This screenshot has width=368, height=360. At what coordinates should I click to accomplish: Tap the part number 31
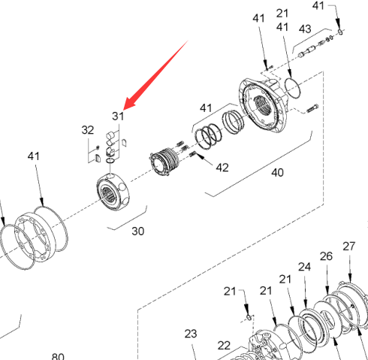[x=118, y=116]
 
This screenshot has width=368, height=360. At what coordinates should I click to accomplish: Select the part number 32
[x=88, y=130]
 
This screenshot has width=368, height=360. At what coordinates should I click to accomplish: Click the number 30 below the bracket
[x=138, y=231]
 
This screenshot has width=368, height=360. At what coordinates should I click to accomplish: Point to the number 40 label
[x=277, y=173]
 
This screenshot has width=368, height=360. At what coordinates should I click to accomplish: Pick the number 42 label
[x=222, y=168]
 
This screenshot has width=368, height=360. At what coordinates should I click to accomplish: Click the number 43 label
[x=305, y=29]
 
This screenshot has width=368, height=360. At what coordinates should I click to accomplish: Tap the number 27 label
[x=349, y=247]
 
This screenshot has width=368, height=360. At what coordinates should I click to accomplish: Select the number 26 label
[x=326, y=256]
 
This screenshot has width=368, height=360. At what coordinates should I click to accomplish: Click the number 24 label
[x=304, y=267]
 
